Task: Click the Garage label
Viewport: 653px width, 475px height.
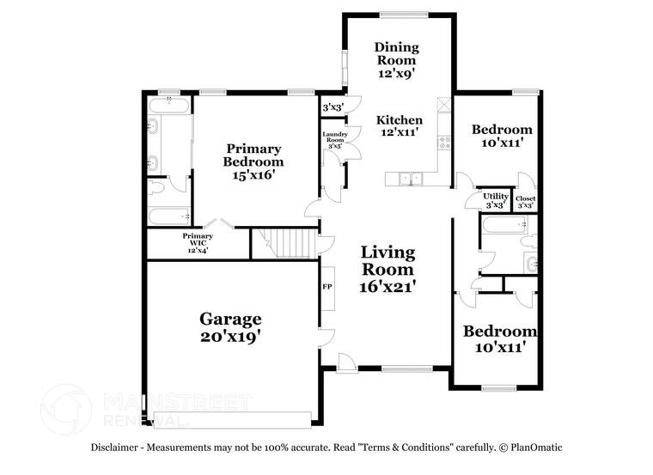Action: coord(230,320)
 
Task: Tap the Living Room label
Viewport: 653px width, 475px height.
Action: coord(388,261)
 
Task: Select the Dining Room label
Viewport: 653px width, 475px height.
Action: coord(397,54)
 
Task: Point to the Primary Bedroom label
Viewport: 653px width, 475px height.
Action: coord(253,155)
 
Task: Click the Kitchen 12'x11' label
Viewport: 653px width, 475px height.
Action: coord(400,125)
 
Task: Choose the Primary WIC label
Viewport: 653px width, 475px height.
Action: coord(197,242)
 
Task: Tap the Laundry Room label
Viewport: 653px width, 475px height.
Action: coord(333,140)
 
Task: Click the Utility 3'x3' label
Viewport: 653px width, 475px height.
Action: coord(494,200)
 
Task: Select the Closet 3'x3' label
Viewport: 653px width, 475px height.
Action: coord(525,202)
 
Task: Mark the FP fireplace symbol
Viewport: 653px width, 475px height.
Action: coord(327,287)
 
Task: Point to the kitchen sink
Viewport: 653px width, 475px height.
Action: coord(411,179)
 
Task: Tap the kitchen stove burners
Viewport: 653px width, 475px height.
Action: coord(444,143)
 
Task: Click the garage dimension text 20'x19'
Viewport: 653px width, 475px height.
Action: coord(230,338)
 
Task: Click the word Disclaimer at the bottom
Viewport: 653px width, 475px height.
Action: coord(119,448)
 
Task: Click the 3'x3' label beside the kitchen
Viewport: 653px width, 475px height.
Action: coord(332,108)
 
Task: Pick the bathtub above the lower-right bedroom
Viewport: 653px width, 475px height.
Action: coord(504,228)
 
